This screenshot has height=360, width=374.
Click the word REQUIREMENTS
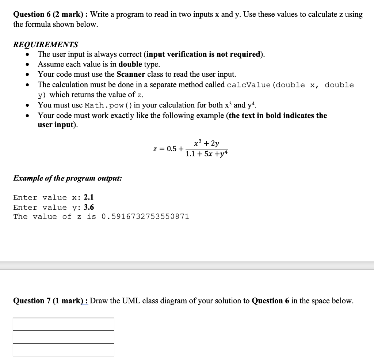point(46,45)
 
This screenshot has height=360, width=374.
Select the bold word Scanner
point(131,75)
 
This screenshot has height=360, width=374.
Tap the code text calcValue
point(249,85)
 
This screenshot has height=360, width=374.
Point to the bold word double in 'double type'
point(130,64)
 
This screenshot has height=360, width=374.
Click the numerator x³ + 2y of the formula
point(207,144)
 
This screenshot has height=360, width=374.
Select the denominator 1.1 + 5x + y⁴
point(207,154)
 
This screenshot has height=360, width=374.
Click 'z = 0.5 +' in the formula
point(168,149)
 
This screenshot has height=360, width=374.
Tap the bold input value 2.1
point(89,197)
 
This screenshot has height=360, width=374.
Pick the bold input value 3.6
point(89,207)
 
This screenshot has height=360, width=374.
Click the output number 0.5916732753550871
point(145,217)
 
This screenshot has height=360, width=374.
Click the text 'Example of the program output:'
point(68,178)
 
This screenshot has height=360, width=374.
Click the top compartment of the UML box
point(64,324)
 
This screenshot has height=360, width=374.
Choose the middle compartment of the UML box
point(64,337)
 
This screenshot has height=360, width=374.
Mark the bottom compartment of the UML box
point(64,350)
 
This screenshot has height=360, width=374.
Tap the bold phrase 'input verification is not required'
point(204,54)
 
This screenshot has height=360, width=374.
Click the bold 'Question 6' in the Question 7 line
point(270,301)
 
